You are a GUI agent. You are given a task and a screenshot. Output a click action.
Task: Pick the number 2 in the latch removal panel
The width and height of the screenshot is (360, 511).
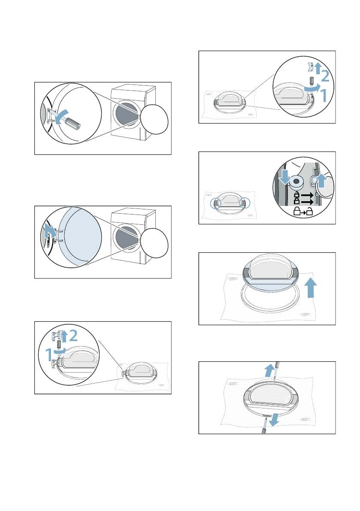[x=324, y=76]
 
